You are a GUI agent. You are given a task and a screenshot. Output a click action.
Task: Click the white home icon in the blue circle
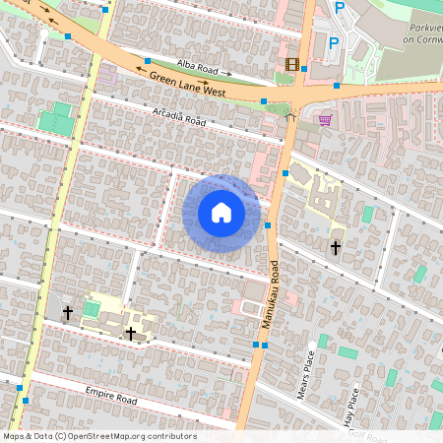pos(221,213)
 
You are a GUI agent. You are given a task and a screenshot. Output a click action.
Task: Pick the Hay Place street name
pos(351,405)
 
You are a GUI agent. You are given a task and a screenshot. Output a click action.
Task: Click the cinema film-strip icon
pos(291,64)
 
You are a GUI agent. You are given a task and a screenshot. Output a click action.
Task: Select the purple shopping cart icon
pos(325,120)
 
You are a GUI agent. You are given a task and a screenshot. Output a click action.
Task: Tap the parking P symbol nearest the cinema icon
pos(333,42)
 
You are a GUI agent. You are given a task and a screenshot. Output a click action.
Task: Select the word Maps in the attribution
pos(14,436)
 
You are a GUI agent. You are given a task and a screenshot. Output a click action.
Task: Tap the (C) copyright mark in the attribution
pos(60,436)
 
